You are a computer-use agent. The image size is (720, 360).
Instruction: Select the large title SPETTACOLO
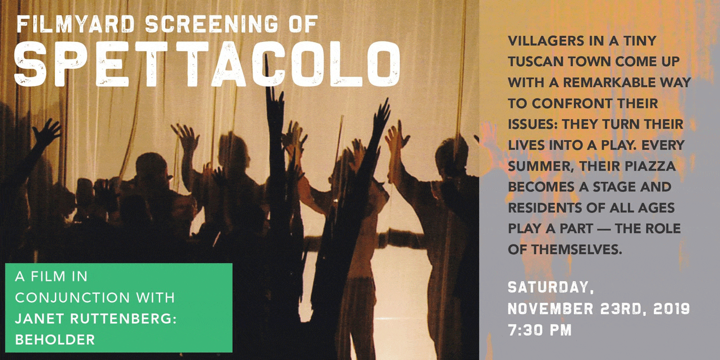click(207, 64)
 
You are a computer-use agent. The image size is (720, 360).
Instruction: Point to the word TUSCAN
click(535, 62)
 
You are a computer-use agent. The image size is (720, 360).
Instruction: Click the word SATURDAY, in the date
click(551, 288)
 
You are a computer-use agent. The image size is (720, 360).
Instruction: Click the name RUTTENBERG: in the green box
click(123, 319)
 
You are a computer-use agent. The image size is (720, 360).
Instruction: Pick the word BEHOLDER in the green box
click(55, 340)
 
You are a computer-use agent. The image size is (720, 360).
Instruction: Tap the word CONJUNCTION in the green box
click(72, 297)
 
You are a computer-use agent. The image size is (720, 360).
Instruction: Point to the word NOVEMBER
click(551, 309)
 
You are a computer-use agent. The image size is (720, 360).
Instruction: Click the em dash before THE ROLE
click(604, 229)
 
